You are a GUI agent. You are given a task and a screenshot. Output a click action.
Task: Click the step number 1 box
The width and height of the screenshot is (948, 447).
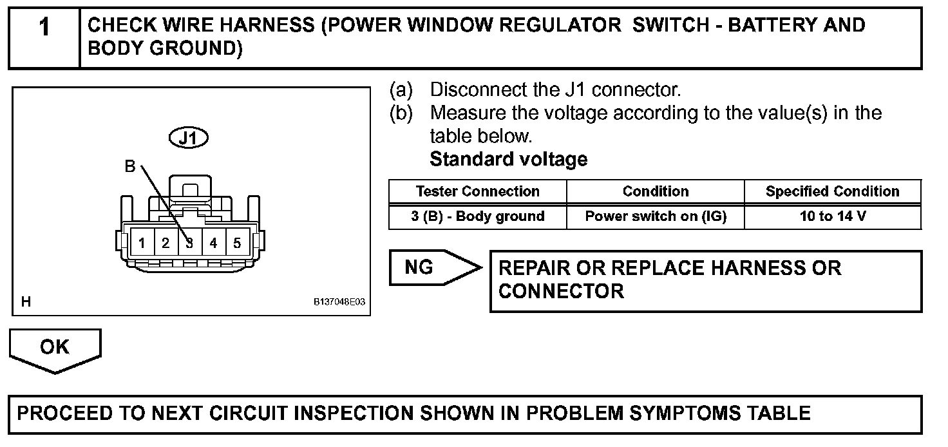click(x=44, y=37)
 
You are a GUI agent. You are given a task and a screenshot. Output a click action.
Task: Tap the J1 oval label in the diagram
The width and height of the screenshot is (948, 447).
click(x=189, y=138)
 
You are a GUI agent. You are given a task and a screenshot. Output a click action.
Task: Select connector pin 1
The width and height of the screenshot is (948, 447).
click(x=142, y=243)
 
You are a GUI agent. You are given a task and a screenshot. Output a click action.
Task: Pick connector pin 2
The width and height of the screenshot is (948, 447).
click(x=166, y=243)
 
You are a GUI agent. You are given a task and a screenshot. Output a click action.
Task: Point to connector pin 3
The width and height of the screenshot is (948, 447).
click(x=189, y=243)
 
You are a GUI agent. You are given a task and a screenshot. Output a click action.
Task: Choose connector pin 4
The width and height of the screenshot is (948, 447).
click(x=213, y=243)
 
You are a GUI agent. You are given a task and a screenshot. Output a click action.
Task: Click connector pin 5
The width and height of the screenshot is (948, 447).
click(x=237, y=243)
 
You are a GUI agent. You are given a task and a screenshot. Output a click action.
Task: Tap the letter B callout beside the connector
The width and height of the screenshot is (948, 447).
click(x=130, y=167)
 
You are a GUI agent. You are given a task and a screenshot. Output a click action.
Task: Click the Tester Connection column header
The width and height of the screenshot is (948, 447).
click(x=477, y=191)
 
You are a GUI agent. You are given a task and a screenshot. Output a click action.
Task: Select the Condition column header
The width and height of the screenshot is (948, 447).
click(x=655, y=191)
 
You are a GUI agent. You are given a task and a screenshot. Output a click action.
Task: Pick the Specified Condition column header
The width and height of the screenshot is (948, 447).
click(x=832, y=191)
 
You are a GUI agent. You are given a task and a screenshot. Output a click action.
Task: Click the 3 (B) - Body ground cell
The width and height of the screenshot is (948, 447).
click(x=477, y=216)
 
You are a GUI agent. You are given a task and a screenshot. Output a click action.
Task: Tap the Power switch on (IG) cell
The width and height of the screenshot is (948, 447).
click(x=655, y=216)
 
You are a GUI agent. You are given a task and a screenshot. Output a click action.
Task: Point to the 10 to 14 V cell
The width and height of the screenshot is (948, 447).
click(x=832, y=216)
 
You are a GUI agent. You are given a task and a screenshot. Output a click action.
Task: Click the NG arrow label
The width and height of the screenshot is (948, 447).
click(x=420, y=267)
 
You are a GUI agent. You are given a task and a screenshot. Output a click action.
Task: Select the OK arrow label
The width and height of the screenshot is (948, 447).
click(x=54, y=347)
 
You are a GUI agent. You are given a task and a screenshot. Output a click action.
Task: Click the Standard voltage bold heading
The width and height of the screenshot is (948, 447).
click(x=508, y=159)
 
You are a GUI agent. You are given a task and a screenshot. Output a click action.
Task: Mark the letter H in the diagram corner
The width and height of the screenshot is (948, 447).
click(x=26, y=301)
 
